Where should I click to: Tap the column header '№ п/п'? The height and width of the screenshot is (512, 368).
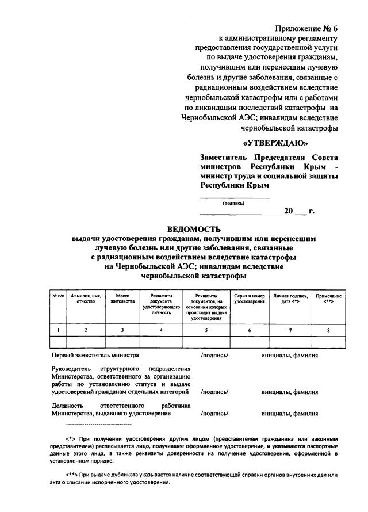coord(57,296)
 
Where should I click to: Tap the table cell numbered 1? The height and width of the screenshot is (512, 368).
coord(57,330)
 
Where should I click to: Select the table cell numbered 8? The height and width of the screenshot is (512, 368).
coord(328,330)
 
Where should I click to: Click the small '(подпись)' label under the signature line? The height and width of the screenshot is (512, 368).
coord(233,203)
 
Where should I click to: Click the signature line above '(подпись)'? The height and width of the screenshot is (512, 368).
coord(235,198)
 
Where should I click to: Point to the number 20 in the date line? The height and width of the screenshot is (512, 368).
coord(289,211)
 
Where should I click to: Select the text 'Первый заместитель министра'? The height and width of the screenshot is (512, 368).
coord(95,356)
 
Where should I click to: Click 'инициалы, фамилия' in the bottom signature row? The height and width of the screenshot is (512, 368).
coord(289,414)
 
